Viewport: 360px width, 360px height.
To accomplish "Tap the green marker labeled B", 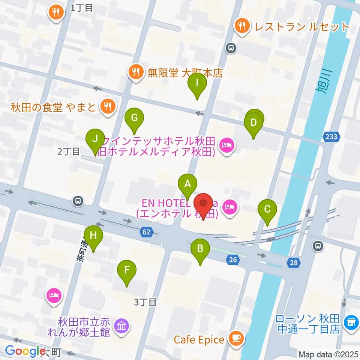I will [200, 249].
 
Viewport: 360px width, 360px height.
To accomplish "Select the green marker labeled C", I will [267, 209].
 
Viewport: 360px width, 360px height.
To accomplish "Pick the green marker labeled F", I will [127, 270].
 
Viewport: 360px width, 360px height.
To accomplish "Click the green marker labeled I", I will [197, 83].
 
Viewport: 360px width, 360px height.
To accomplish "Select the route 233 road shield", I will [331, 136].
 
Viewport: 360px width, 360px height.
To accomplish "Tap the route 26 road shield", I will [233, 259].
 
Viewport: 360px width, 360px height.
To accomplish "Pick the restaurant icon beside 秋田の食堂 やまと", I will [107, 106].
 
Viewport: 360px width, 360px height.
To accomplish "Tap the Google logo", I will [25, 351].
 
